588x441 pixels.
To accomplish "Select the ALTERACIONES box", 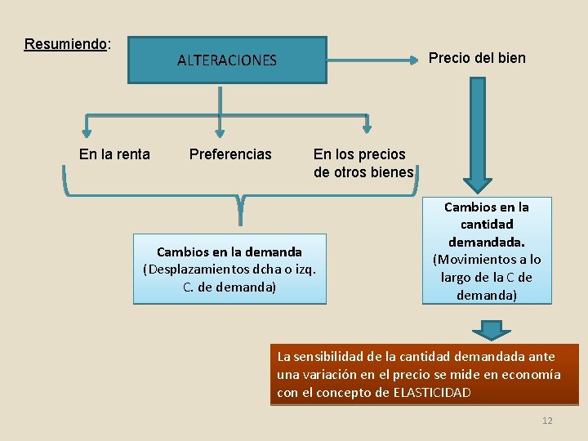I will click(x=227, y=60).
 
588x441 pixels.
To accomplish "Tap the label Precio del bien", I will click(x=478, y=58).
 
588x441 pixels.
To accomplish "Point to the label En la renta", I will click(x=114, y=154).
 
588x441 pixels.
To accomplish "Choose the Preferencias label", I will click(x=230, y=154).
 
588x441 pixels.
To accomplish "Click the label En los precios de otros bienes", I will click(x=363, y=163).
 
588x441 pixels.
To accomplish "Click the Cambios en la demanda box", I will click(x=229, y=269).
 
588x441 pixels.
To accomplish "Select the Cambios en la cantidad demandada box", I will click(x=487, y=251).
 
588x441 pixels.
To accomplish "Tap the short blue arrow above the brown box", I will click(x=491, y=330).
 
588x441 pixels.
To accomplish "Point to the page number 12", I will click(x=547, y=421).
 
